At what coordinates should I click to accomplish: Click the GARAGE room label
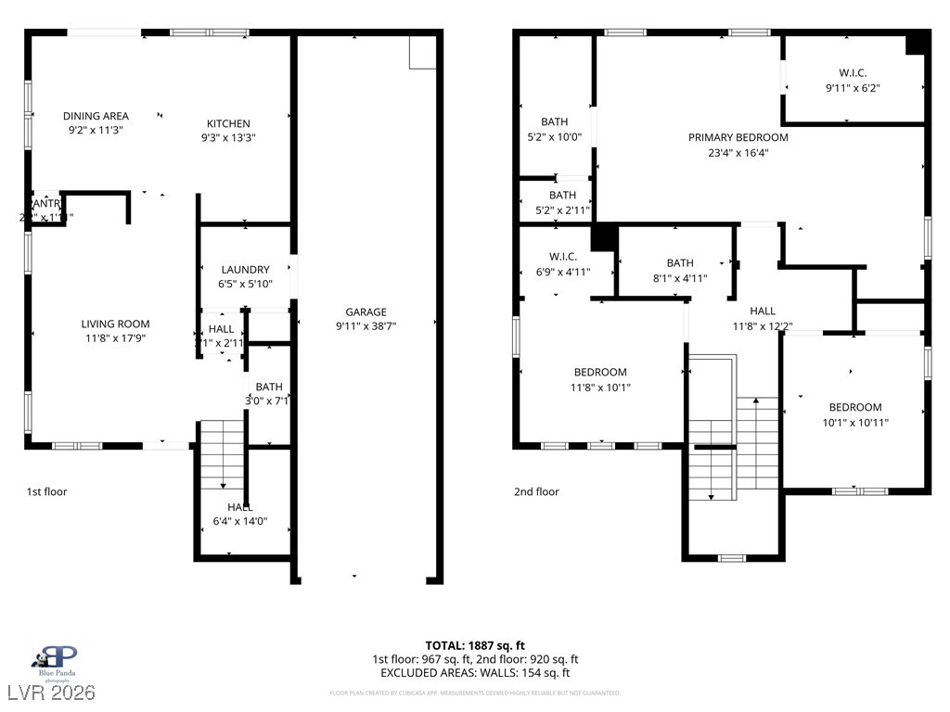click(x=366, y=312)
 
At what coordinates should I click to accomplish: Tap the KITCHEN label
click(x=227, y=123)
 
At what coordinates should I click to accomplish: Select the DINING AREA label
click(x=96, y=116)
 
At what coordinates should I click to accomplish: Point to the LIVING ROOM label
click(x=115, y=324)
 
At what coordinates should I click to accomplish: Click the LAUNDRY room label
click(x=245, y=270)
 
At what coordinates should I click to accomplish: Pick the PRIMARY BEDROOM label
click(x=738, y=137)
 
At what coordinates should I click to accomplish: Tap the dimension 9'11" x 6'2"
click(x=852, y=88)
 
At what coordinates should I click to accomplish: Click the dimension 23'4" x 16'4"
click(x=738, y=153)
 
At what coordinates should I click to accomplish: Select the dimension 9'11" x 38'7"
click(x=366, y=326)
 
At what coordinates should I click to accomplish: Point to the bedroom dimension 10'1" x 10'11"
click(x=854, y=423)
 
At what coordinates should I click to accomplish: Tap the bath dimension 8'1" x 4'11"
click(x=679, y=278)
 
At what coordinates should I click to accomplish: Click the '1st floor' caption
click(x=46, y=491)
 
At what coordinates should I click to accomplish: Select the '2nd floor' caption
click(x=536, y=491)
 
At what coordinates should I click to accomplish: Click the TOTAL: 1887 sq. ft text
click(x=475, y=645)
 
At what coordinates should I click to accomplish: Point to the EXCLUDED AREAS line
click(x=475, y=673)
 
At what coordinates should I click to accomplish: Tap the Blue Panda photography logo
click(x=56, y=660)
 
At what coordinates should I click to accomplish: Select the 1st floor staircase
click(x=221, y=454)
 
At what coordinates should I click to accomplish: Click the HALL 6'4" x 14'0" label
click(x=240, y=514)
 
